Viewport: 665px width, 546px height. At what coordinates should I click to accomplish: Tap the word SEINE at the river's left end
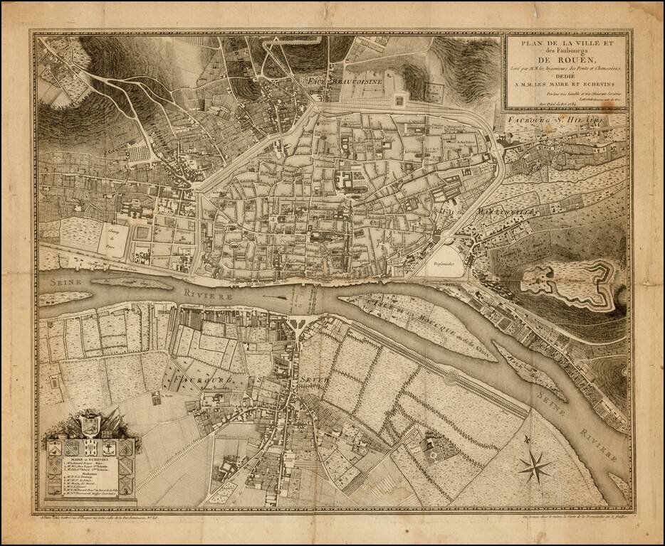click(60, 282)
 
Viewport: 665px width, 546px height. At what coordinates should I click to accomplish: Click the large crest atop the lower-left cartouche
click(89, 427)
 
